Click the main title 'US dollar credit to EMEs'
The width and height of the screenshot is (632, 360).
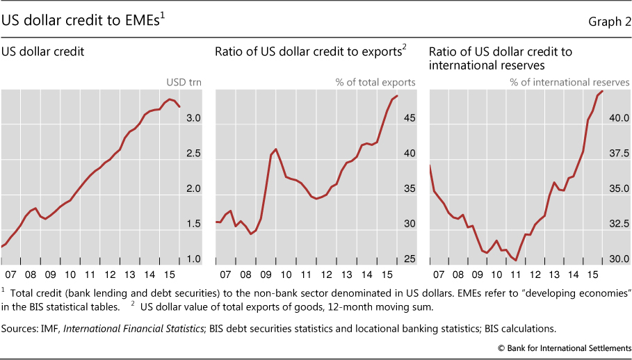(x=84, y=21)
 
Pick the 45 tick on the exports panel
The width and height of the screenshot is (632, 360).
(x=409, y=119)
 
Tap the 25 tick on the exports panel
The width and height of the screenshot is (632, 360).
(x=409, y=259)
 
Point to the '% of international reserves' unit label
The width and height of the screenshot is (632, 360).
(x=569, y=82)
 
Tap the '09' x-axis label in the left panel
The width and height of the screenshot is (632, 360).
(x=51, y=275)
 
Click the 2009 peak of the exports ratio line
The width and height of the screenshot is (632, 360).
(x=276, y=149)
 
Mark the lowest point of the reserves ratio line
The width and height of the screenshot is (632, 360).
(x=516, y=261)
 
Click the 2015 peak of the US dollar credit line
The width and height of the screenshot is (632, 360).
(x=170, y=99)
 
